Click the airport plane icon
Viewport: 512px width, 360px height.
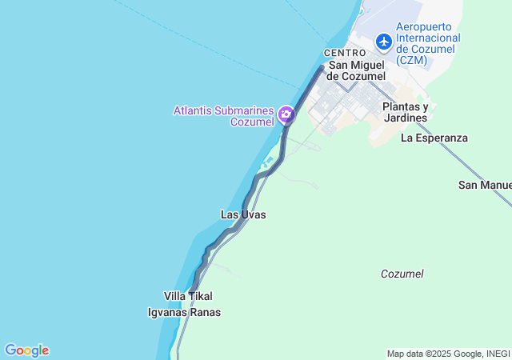(x=384, y=40)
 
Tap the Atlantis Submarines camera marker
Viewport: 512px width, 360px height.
(x=286, y=115)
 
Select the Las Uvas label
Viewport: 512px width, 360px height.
(x=243, y=214)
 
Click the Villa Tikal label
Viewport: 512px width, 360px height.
(x=188, y=296)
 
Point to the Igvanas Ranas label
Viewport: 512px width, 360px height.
(x=184, y=312)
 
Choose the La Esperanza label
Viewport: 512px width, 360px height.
(x=434, y=138)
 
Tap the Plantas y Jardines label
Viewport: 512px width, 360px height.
(x=405, y=112)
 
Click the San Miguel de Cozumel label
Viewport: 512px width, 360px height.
(x=357, y=70)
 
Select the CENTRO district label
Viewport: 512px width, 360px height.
(x=345, y=53)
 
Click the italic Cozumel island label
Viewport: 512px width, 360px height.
(x=402, y=274)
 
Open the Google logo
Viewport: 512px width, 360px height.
(x=26, y=350)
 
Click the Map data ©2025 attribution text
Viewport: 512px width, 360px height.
(x=424, y=354)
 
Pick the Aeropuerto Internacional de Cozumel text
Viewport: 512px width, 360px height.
(x=428, y=38)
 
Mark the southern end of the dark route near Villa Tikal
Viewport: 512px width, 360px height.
(x=190, y=291)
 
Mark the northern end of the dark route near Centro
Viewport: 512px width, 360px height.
(x=322, y=68)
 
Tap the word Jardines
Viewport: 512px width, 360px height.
(x=405, y=118)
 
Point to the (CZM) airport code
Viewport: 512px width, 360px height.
(x=413, y=60)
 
